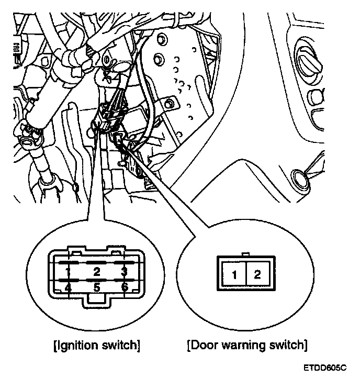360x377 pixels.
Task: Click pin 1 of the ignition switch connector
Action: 68,271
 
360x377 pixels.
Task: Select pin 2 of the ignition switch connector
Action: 96,271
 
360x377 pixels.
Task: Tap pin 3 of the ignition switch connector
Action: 124,271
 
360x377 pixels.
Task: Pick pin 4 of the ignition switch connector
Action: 68,287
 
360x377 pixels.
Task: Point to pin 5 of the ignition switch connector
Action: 96,287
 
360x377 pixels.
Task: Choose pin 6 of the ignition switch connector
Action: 124,287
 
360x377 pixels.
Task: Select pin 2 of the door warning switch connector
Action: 257,274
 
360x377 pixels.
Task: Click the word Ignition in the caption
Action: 82,346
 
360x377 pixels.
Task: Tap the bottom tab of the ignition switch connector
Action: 96,300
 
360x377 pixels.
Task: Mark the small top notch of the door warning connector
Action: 246,255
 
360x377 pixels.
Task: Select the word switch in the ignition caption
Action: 122,346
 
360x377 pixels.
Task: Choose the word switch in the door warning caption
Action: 287,346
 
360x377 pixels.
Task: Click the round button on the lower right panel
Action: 300,179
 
